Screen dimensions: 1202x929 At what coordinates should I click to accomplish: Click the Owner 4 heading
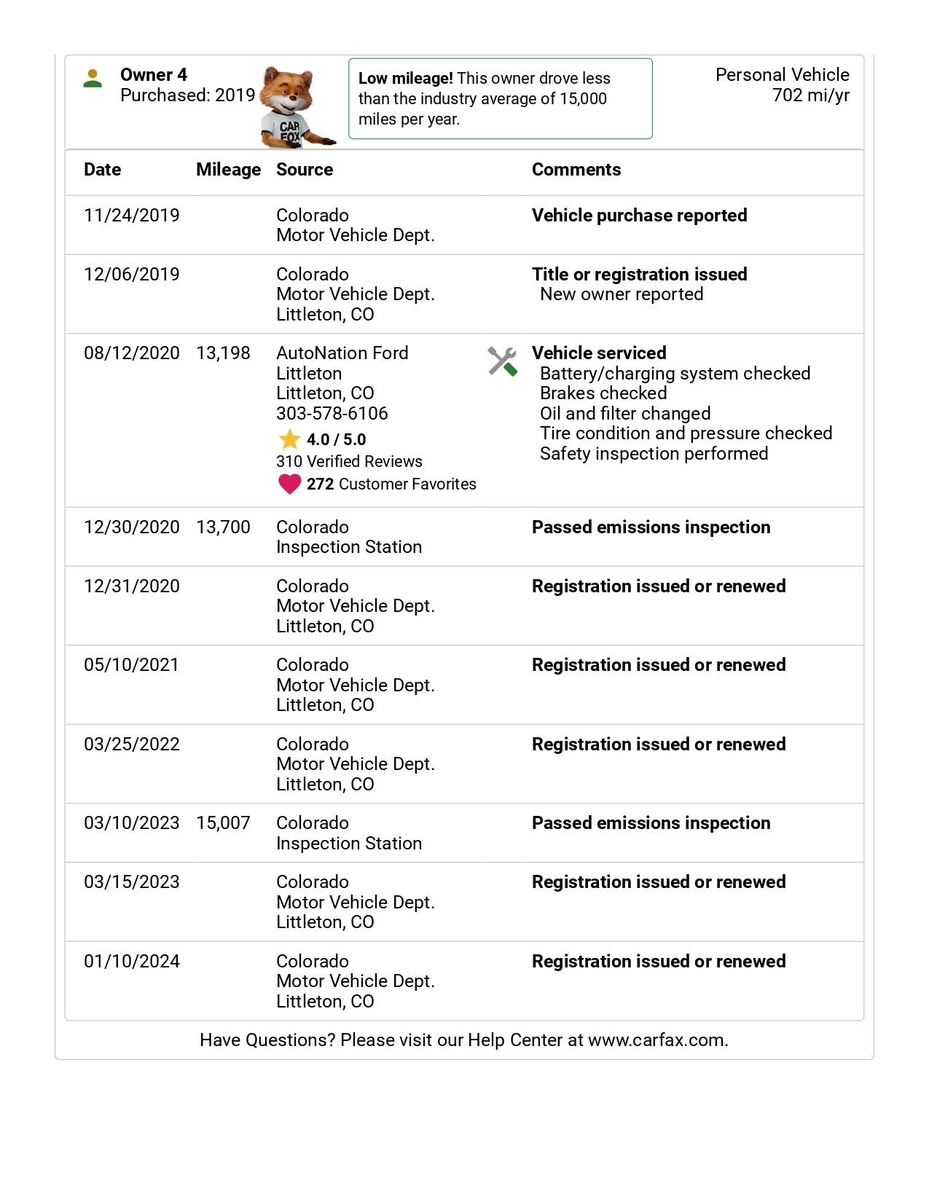click(x=153, y=75)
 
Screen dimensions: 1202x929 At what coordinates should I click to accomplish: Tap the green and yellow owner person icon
click(x=93, y=78)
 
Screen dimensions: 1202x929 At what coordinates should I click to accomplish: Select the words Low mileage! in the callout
click(x=405, y=79)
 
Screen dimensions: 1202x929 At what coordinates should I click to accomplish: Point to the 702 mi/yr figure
click(x=810, y=95)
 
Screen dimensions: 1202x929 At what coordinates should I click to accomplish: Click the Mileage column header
click(x=228, y=170)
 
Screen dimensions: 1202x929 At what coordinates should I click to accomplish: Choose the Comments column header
click(x=576, y=170)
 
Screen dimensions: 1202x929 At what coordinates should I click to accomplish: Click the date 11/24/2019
click(x=131, y=216)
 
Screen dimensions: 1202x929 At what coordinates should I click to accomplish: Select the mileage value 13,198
click(x=223, y=353)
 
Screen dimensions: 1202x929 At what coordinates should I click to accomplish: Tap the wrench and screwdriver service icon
click(x=502, y=361)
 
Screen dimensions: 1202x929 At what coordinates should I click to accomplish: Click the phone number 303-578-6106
click(x=332, y=414)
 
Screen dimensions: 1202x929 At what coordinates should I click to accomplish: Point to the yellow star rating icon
click(x=289, y=439)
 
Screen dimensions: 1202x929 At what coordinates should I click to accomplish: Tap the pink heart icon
click(x=289, y=484)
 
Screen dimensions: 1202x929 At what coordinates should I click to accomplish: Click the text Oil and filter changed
click(x=624, y=414)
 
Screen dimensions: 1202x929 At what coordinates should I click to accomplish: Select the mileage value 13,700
click(x=223, y=527)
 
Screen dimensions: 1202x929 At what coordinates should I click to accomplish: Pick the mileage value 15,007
click(x=223, y=823)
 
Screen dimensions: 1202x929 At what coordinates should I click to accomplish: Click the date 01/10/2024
click(x=131, y=962)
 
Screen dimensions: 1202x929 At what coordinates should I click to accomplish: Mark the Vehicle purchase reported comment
click(x=639, y=216)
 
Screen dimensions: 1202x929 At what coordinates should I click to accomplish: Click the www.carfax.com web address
click(x=657, y=1040)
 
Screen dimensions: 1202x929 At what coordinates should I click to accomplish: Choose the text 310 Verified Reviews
click(x=349, y=462)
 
